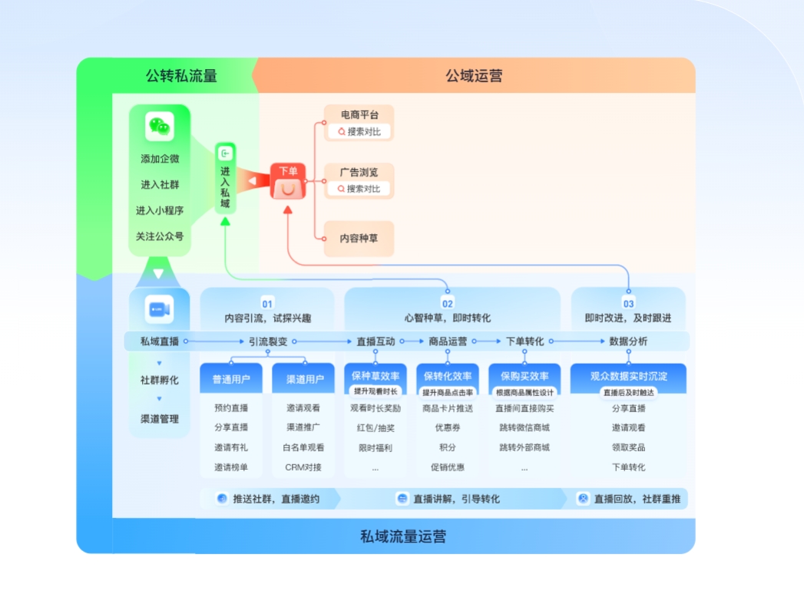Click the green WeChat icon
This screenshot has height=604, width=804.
tap(160, 127)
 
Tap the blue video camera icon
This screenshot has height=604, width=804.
tap(159, 309)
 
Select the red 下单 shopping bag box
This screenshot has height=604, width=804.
tap(288, 182)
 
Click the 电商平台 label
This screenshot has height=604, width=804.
tap(359, 114)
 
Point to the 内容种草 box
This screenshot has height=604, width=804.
tap(359, 239)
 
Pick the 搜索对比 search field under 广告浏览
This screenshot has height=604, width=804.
tap(359, 189)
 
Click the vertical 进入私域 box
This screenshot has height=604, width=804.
tap(225, 179)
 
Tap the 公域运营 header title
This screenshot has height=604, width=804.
tap(474, 76)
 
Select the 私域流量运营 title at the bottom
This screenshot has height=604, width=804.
tap(403, 536)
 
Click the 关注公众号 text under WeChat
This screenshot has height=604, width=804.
tap(160, 236)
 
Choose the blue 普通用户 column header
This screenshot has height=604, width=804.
tap(231, 378)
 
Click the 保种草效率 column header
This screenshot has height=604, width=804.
tap(376, 376)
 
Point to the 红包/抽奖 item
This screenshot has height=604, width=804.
tap(376, 428)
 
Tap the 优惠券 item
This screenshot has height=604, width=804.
tap(448, 428)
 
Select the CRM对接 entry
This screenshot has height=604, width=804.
tap(303, 467)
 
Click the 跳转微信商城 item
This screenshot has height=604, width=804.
tap(524, 428)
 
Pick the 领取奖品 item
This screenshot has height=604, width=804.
tap(628, 447)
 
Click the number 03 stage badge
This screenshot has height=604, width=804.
tap(628, 304)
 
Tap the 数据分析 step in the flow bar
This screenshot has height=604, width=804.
tap(628, 342)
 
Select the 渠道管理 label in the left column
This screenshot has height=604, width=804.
tap(160, 419)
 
